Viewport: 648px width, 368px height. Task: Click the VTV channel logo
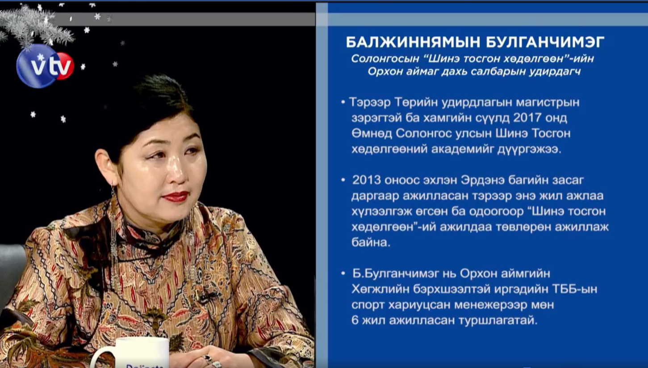[x=45, y=66]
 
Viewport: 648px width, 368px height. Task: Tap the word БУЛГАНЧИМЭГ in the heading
[x=545, y=42]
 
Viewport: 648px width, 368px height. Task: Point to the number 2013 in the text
[x=366, y=180]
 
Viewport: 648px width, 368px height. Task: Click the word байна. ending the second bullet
[x=371, y=243]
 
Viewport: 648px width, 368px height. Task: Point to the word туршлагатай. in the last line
[x=498, y=321]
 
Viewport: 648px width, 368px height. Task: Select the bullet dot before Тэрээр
[x=343, y=102]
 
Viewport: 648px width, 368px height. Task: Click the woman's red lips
[x=176, y=197]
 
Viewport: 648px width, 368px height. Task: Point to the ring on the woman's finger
[x=207, y=359]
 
